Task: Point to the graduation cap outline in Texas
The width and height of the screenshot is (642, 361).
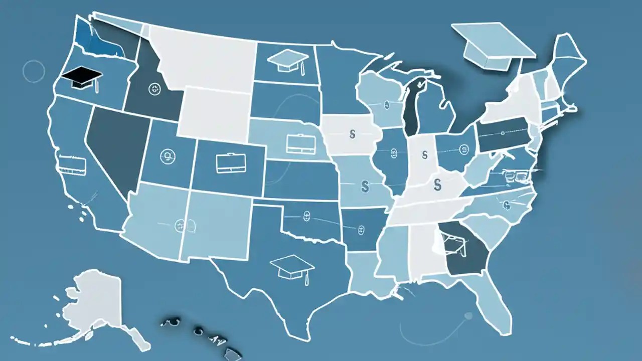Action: [291, 266]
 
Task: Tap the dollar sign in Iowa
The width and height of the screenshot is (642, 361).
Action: [352, 134]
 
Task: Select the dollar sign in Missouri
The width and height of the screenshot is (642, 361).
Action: [365, 187]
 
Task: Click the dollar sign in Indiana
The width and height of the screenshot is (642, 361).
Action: [425, 153]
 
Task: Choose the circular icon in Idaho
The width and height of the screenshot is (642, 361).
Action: [155, 89]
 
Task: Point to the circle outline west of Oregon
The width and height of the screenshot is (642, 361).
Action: [34, 72]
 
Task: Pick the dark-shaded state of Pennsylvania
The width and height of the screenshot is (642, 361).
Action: [502, 134]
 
